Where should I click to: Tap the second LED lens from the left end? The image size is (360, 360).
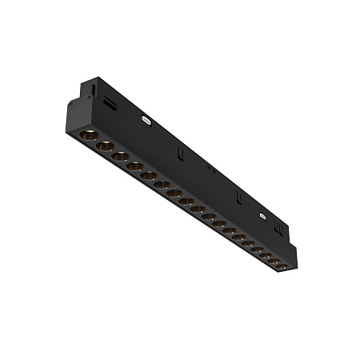pyautogui.click(x=104, y=146)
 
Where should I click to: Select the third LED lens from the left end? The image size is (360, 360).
pyautogui.click(x=120, y=156)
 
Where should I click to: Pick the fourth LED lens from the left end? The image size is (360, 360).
pyautogui.click(x=134, y=167)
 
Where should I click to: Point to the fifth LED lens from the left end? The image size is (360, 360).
pyautogui.click(x=148, y=176)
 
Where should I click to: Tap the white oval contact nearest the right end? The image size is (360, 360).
pyautogui.click(x=262, y=214)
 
